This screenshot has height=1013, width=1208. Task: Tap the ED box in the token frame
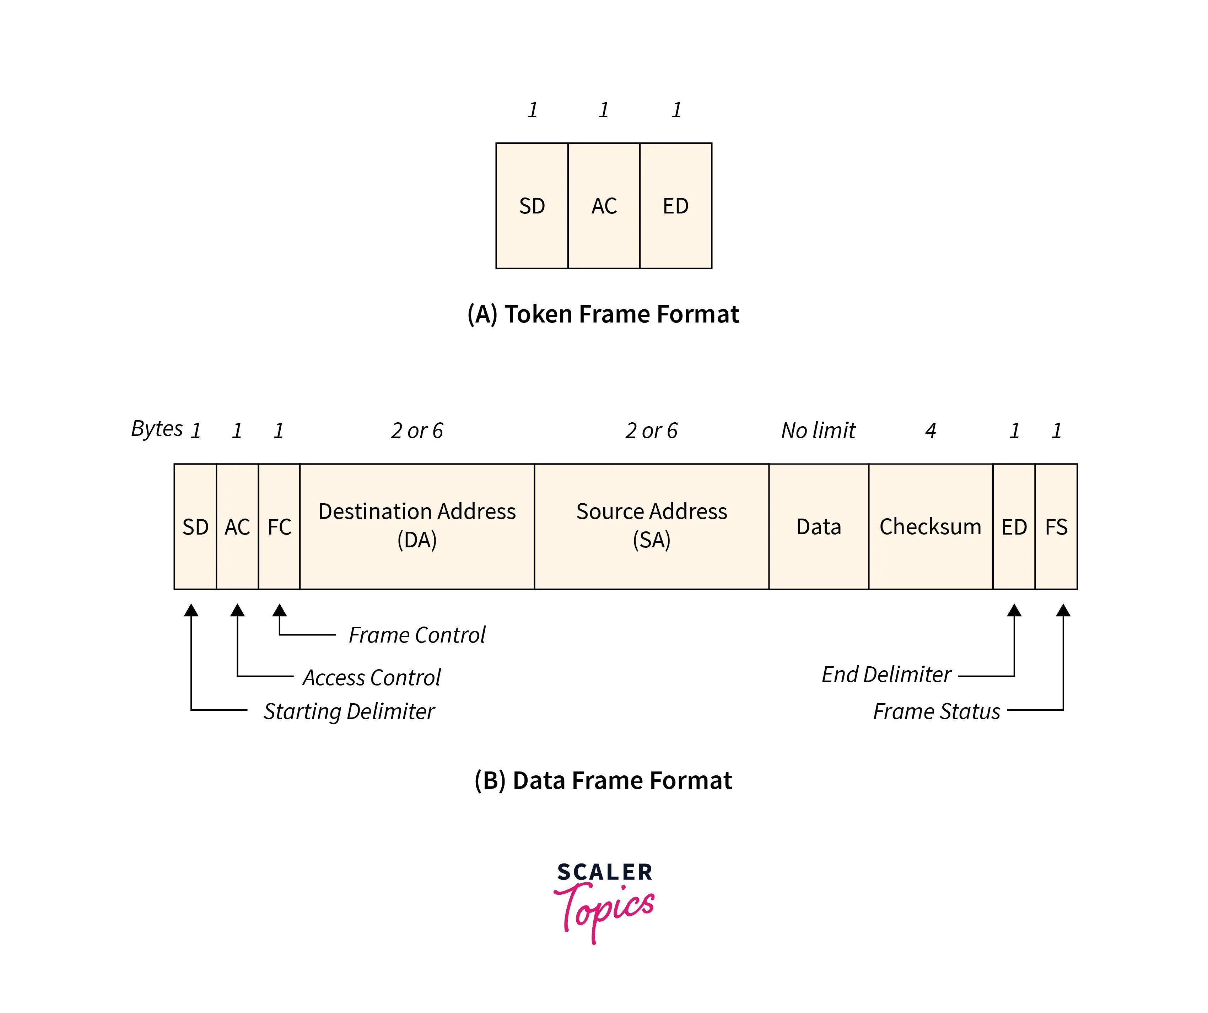(x=675, y=206)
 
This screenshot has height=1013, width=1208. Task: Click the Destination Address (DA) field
(x=417, y=526)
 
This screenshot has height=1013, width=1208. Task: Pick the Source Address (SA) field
(x=651, y=526)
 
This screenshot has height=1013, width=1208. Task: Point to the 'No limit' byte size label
(x=818, y=430)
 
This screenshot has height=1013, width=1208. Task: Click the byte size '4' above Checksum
(x=930, y=430)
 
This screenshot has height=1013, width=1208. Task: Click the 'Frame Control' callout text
(x=417, y=635)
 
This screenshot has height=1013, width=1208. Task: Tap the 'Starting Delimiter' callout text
(x=349, y=711)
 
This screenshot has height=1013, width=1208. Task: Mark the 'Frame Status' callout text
(x=937, y=711)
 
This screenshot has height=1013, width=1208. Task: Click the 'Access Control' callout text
(x=372, y=677)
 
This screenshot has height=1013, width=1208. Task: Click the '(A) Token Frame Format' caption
(x=603, y=314)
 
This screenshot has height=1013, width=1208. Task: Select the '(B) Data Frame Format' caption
(x=603, y=780)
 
